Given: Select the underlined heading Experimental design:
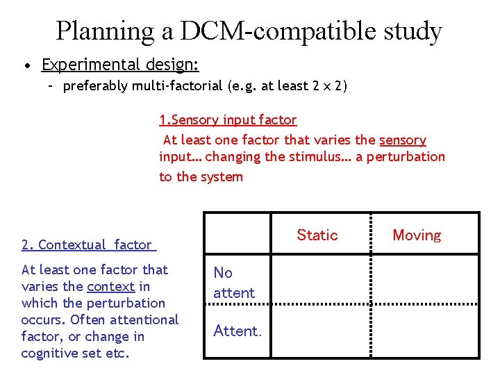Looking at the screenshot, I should (120, 65).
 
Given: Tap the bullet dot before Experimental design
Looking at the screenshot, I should (26, 66).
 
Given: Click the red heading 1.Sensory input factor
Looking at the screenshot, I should (228, 120).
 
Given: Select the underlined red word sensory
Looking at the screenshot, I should (403, 140).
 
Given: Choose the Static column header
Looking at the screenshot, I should (317, 235).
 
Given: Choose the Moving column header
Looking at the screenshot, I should (417, 235).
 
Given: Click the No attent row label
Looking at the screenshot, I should (234, 283).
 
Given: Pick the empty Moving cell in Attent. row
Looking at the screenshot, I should (425, 331).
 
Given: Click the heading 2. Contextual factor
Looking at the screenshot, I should (87, 245).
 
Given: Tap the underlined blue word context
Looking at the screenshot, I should (110, 287).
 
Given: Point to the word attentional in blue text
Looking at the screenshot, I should (143, 320).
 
